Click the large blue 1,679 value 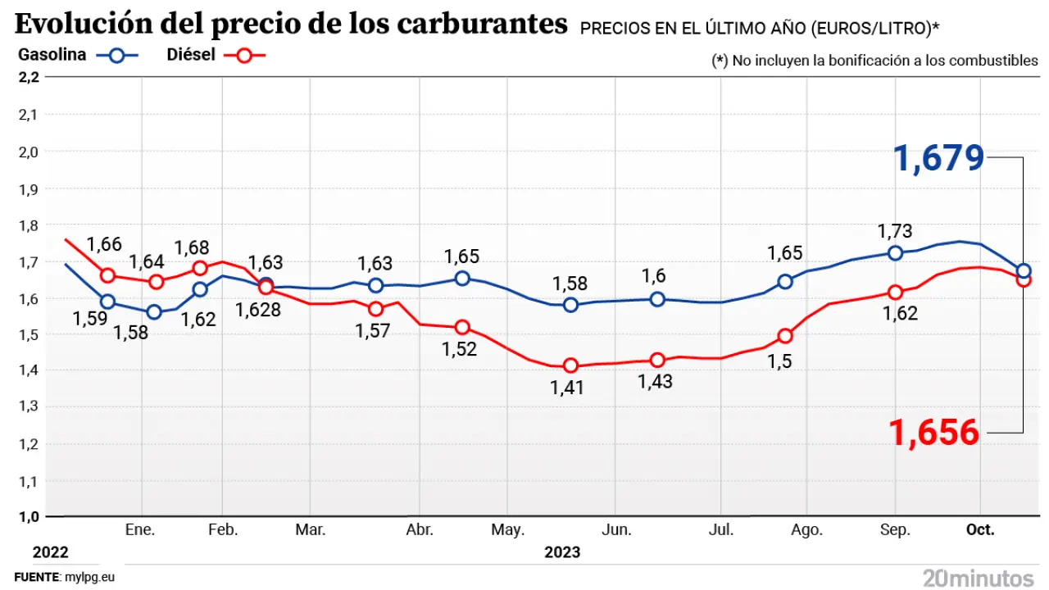(x=938, y=157)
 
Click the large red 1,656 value (x=934, y=432)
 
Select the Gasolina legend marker (x=116, y=55)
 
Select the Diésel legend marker (x=245, y=55)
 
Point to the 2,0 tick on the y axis (x=28, y=152)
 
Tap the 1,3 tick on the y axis (x=28, y=406)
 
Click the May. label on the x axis (x=507, y=530)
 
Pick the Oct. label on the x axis (x=980, y=530)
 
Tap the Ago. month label (x=807, y=530)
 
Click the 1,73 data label (x=895, y=231)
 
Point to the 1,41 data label (x=566, y=388)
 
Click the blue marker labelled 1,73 (x=895, y=253)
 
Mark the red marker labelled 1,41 (x=571, y=365)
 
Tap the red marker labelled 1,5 (x=785, y=335)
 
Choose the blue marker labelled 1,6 (x=657, y=299)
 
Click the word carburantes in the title (x=481, y=25)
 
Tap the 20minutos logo (x=978, y=577)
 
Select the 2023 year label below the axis (x=562, y=551)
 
